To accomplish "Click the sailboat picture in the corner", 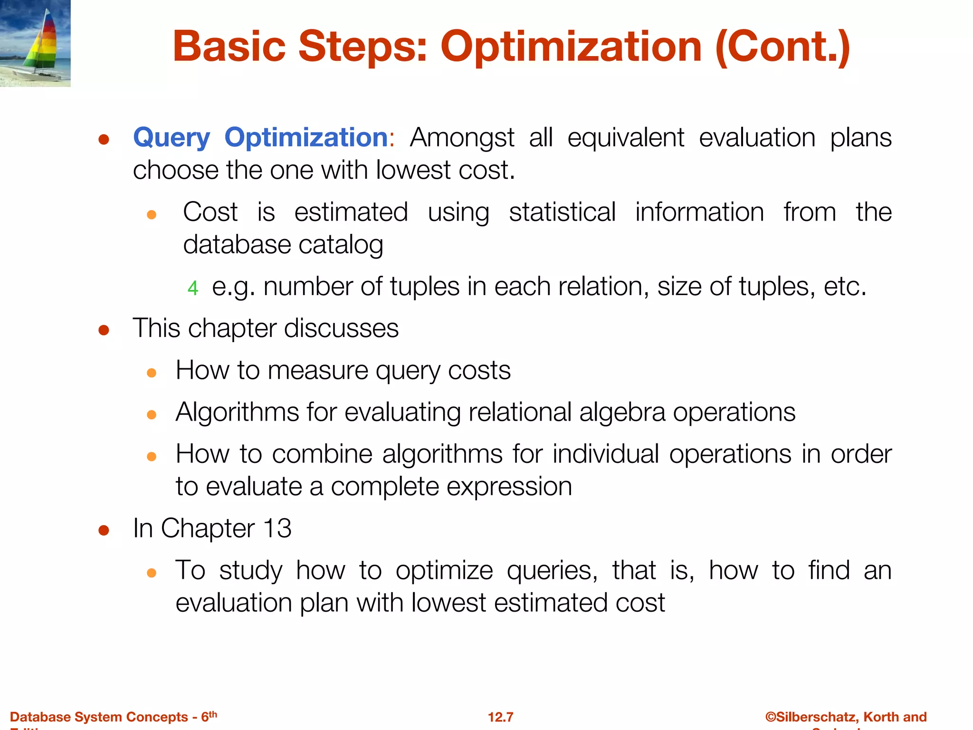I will pyautogui.click(x=35, y=43).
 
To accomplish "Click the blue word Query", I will pyautogui.click(x=171, y=138).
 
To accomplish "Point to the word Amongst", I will pyautogui.click(x=462, y=138).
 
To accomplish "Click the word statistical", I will pyautogui.click(x=562, y=212).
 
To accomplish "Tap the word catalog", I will pyautogui.click(x=340, y=245).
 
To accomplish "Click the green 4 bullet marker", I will pyautogui.click(x=192, y=288).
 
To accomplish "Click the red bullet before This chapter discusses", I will pyautogui.click(x=104, y=330).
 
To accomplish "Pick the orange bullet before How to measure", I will pyautogui.click(x=152, y=373).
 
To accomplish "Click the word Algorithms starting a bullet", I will pyautogui.click(x=237, y=412).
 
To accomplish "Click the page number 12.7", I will pyautogui.click(x=500, y=717).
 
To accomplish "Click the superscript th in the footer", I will pyautogui.click(x=213, y=714).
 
